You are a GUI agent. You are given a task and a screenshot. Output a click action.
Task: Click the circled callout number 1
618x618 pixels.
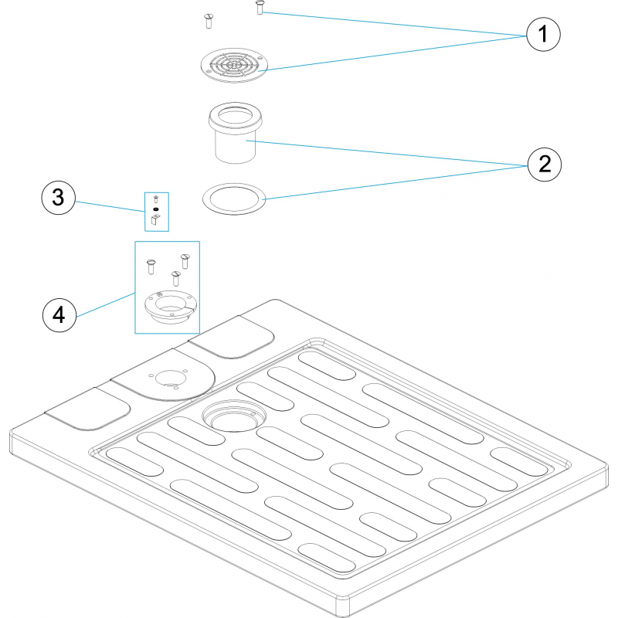(543, 33)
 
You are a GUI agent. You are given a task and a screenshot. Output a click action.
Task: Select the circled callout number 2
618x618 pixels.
(543, 164)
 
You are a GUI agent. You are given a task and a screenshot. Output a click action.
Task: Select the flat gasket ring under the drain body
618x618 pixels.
(234, 197)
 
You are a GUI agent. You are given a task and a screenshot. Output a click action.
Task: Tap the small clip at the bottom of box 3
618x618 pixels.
(156, 222)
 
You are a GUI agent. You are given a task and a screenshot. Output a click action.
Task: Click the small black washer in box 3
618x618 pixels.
(156, 209)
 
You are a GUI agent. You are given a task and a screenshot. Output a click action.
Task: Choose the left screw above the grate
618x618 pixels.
(208, 21)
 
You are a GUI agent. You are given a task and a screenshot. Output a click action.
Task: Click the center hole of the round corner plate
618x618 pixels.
(167, 379)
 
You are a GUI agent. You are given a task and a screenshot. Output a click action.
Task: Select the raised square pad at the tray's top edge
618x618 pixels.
(232, 338)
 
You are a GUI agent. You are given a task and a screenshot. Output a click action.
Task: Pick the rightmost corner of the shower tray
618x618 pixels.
(606, 467)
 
